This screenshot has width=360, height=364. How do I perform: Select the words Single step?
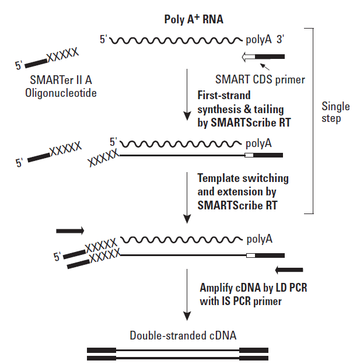point(335,112)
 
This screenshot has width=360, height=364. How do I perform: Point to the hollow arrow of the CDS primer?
point(248,57)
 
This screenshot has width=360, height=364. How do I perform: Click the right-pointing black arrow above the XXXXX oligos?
point(70,230)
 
